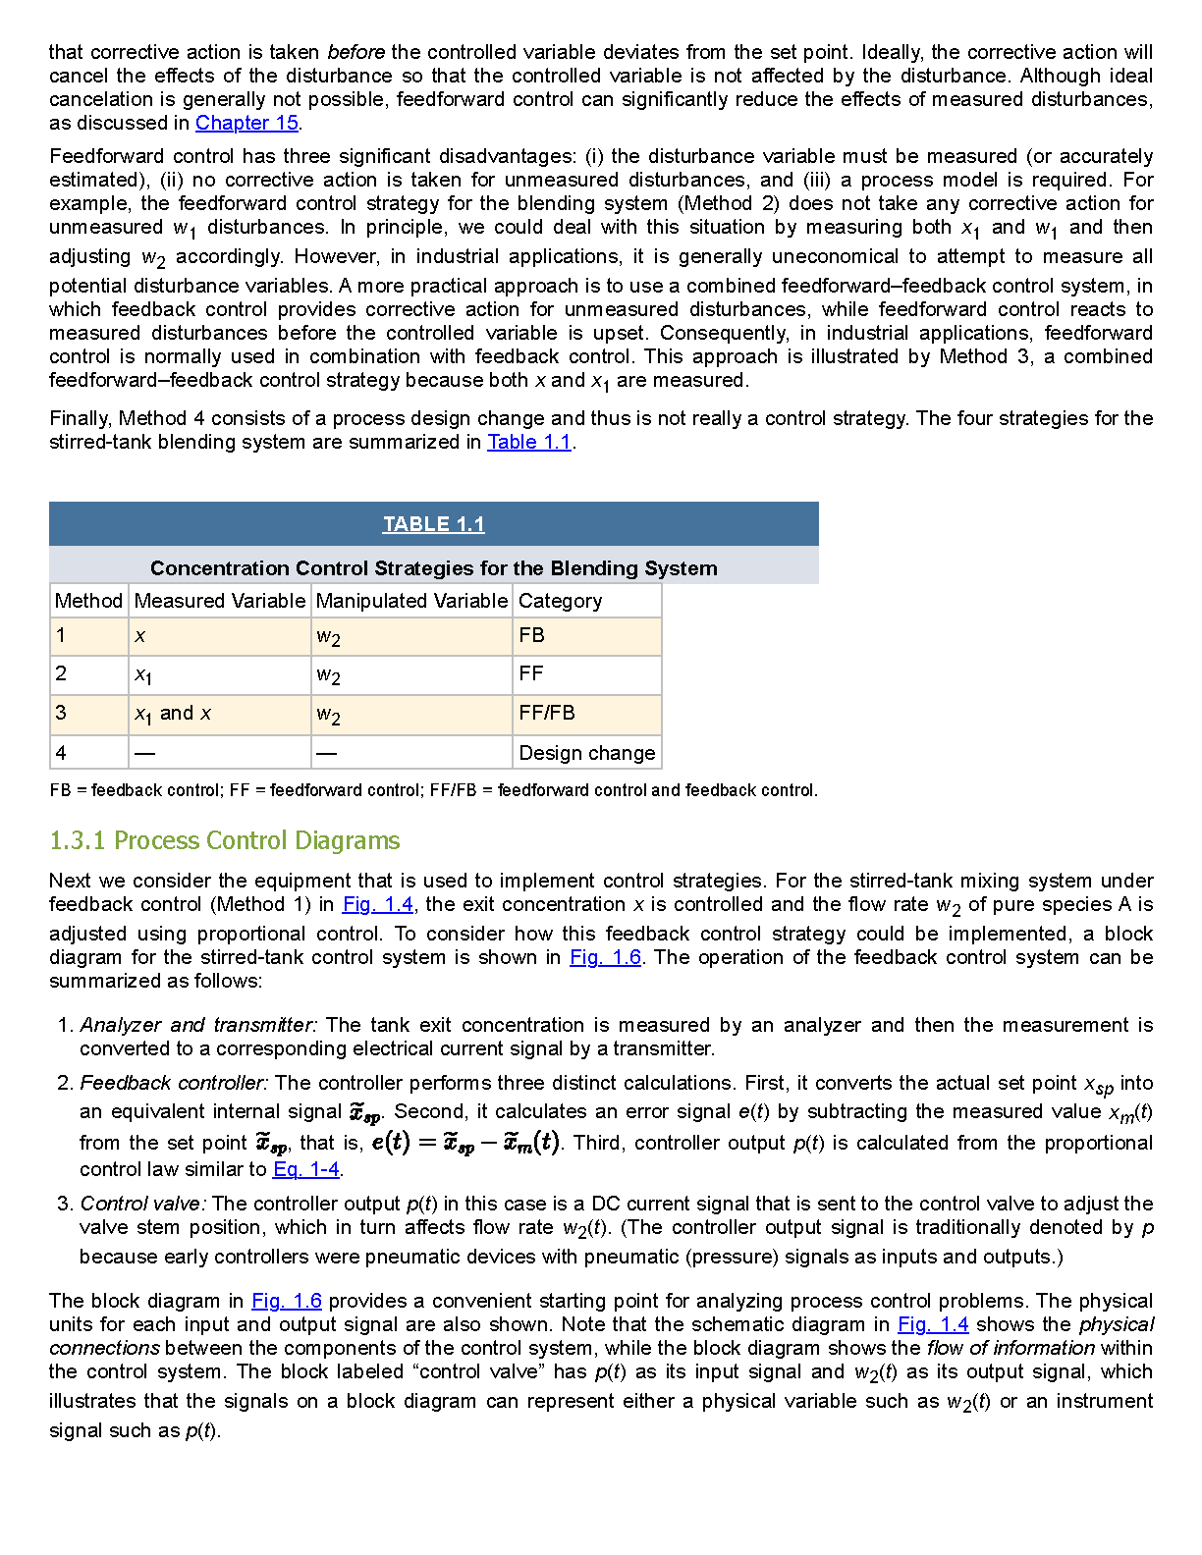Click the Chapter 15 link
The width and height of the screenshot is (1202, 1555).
[x=246, y=123]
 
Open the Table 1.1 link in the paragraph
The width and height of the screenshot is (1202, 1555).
[x=529, y=442]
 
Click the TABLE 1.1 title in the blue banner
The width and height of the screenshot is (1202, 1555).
[x=433, y=524]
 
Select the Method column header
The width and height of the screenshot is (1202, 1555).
[x=88, y=601]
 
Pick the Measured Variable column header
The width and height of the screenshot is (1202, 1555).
[x=220, y=601]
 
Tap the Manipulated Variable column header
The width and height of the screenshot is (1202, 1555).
[x=411, y=601]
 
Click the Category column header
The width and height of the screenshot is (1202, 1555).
[x=560, y=601]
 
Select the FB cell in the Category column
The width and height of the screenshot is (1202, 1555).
[x=531, y=635]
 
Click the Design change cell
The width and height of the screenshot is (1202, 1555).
[x=586, y=753]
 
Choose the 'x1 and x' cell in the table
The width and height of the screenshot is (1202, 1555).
[x=173, y=714]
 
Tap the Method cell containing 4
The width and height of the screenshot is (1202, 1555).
[x=61, y=753]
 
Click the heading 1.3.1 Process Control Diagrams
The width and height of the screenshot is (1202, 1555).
[x=224, y=840]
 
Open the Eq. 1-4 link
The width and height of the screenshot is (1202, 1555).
[x=306, y=1169]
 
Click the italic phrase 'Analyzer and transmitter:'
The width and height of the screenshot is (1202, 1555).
[x=198, y=1025]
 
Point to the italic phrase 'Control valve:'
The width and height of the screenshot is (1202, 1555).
[x=143, y=1204]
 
